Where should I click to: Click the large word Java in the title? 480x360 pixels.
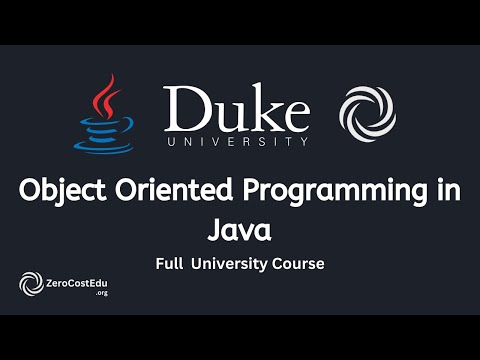pos(240,231)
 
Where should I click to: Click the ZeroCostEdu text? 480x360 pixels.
pos(77,283)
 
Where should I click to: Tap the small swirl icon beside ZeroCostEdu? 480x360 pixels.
pos(30,286)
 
